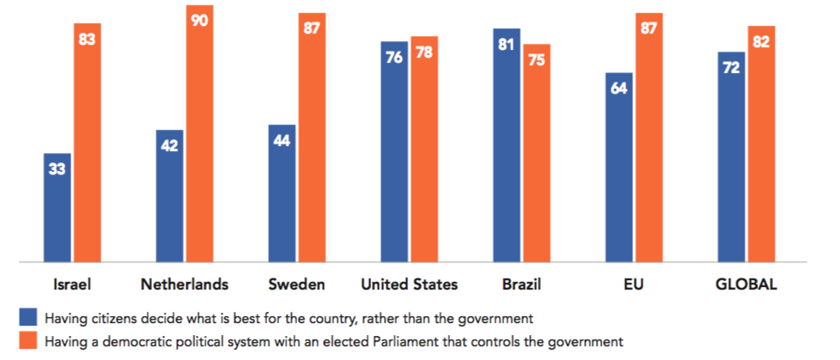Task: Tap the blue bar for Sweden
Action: (x=282, y=192)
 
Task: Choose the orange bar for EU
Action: (x=648, y=137)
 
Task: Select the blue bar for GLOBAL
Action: (x=732, y=156)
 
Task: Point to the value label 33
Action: (x=57, y=169)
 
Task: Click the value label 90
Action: (x=199, y=21)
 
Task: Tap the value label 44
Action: (x=282, y=140)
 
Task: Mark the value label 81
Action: (x=507, y=44)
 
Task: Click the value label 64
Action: (x=619, y=88)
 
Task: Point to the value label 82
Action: (x=761, y=41)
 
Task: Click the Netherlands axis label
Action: (x=185, y=284)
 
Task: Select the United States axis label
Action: (x=409, y=284)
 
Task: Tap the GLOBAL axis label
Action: (x=746, y=284)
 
